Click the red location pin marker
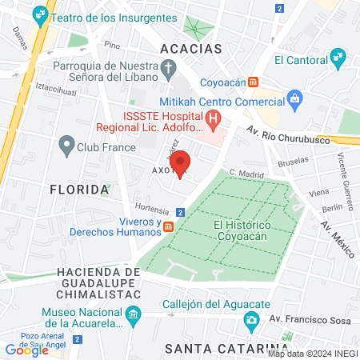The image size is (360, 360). pyautogui.click(x=181, y=162)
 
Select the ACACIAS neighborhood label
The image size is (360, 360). pyautogui.click(x=190, y=49)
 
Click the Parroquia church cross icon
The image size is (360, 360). pyautogui.click(x=168, y=70)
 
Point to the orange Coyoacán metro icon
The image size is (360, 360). pyautogui.click(x=254, y=82)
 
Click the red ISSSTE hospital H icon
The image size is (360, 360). pyautogui.click(x=214, y=121)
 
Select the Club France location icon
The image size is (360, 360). pyautogui.click(x=66, y=146)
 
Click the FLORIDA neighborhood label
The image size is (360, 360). pyautogui.click(x=78, y=190)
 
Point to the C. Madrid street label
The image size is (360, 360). pyautogui.click(x=246, y=173)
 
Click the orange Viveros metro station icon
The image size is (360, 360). pyautogui.click(x=169, y=227)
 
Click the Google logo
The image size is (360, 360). pyautogui.click(x=26, y=350)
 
